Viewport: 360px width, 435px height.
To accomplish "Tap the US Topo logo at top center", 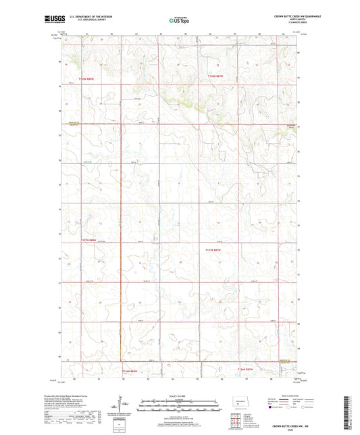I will pos(179,20).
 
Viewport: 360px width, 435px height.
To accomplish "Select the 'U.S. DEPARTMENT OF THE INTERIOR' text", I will pos(93,15).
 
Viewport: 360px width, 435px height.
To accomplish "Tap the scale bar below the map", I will pos(179,405).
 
